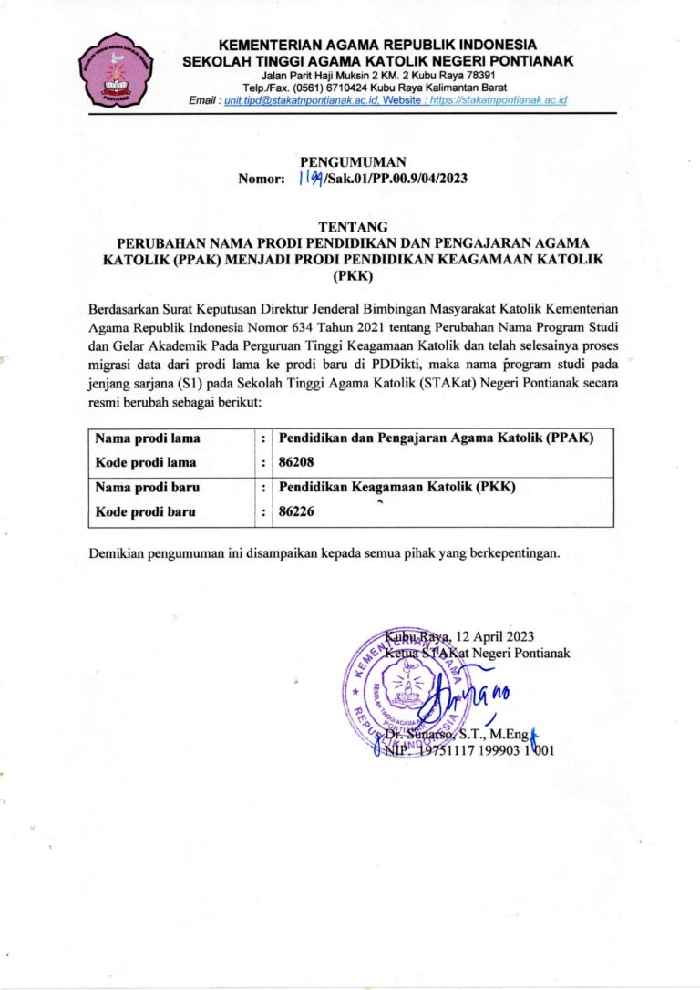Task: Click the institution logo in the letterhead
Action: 116,70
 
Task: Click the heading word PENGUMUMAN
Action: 352,161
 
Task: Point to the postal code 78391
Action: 475,75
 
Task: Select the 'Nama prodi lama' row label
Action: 148,438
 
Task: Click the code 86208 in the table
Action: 296,462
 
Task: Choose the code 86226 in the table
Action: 296,511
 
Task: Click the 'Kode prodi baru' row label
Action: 146,511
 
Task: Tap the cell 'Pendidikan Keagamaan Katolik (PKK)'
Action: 396,488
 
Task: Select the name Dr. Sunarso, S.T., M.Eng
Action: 455,734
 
